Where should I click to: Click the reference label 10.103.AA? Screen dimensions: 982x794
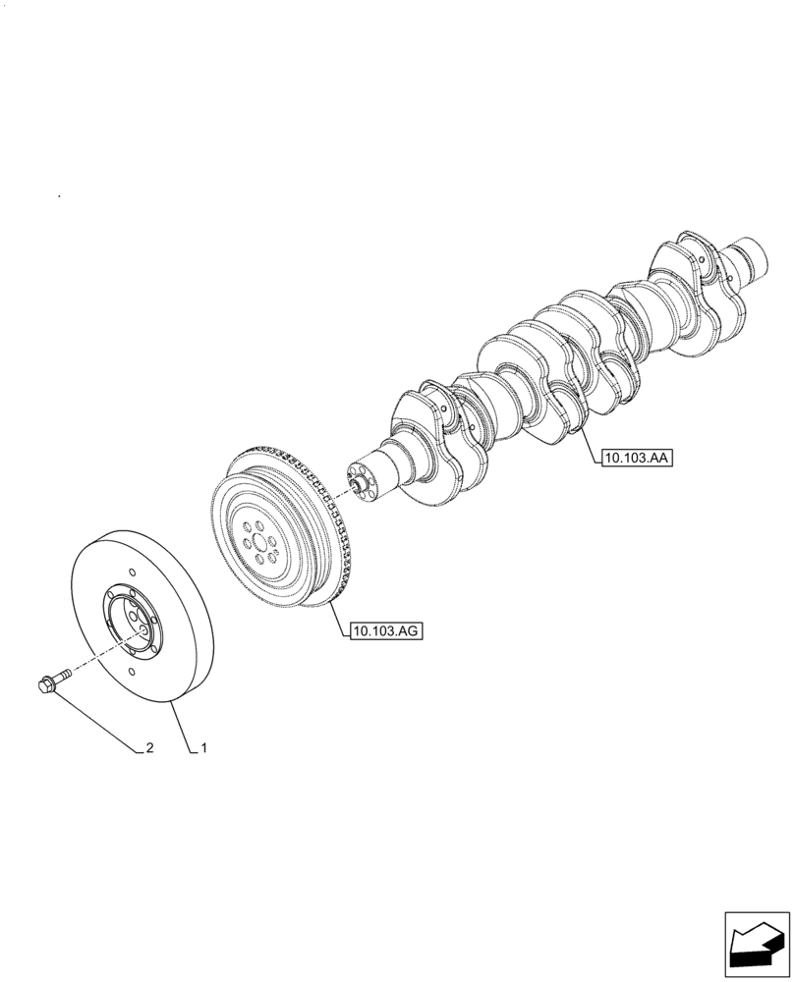pos(634,458)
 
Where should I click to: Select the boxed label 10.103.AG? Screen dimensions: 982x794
pos(384,631)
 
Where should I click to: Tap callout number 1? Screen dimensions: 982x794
pos(202,749)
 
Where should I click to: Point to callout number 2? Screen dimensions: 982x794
pos(149,749)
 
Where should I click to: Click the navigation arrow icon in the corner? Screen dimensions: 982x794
pos(756,944)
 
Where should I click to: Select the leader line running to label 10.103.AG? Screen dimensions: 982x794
pos(335,617)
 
